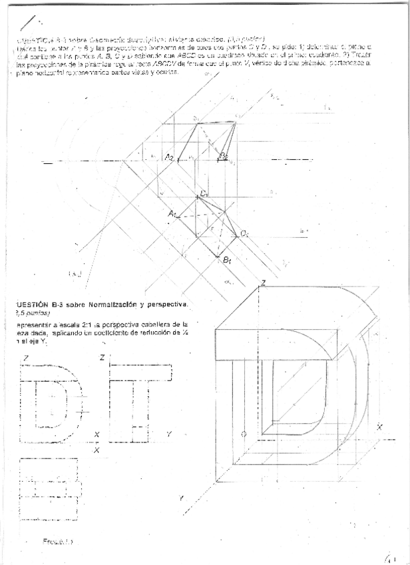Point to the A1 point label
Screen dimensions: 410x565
point(172,215)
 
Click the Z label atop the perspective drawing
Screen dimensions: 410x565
point(264,284)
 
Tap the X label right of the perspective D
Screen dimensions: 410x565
point(379,426)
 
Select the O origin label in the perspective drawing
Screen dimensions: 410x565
point(244,434)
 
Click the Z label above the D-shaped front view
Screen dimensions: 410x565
point(25,358)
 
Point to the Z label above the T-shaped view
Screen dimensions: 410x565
point(102,358)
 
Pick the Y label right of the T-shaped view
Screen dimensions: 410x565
point(168,434)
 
